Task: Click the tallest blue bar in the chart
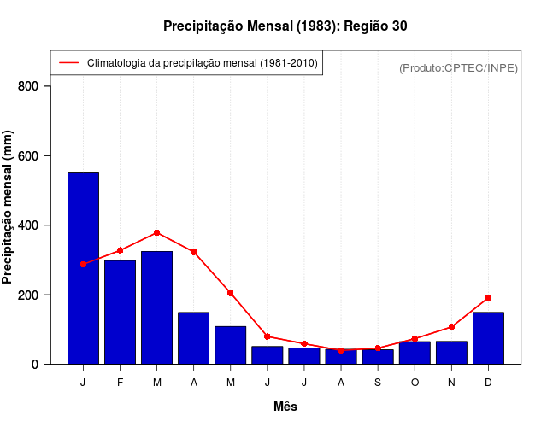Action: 83,267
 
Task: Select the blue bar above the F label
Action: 120,312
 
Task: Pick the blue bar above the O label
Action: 415,353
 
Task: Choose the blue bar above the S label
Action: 378,357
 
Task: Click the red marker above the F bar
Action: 120,250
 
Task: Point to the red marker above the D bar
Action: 488,297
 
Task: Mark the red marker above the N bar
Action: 451,327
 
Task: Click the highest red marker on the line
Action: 156,232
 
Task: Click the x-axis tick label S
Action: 378,383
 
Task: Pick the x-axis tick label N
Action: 451,383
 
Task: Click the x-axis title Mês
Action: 285,407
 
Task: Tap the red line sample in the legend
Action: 68,63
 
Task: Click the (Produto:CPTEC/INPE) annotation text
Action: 458,67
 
